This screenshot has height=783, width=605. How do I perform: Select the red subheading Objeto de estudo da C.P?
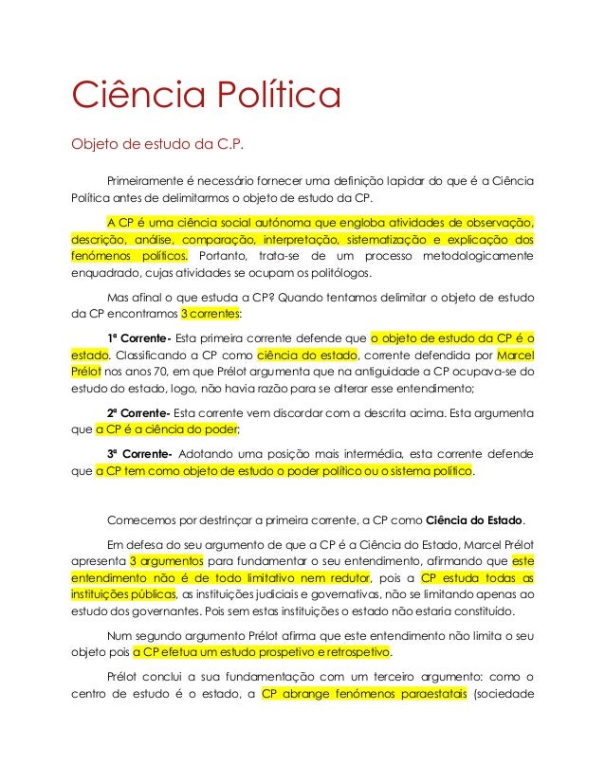click(x=158, y=145)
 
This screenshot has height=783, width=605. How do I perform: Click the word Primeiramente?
click(x=152, y=181)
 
